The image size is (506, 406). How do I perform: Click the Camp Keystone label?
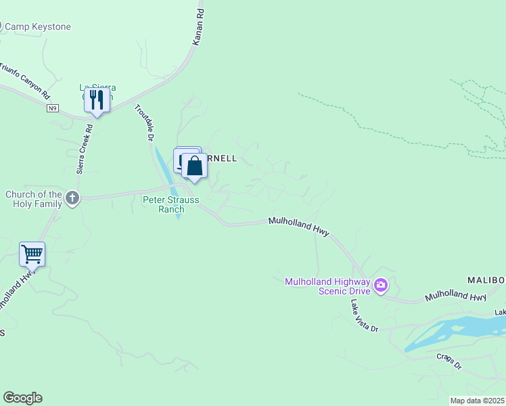coord(37,27)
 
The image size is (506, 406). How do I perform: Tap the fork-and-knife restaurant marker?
coord(97,100)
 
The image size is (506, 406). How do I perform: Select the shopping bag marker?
coord(195,166)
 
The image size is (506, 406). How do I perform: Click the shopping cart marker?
coord(32,254)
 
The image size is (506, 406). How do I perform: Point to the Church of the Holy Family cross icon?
coord(72,198)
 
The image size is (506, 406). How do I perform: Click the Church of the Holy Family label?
coord(33,200)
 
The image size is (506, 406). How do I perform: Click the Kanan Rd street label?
coord(198,28)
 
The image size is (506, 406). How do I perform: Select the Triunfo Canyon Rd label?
coord(25,80)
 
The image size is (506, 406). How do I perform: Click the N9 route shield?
coord(53,108)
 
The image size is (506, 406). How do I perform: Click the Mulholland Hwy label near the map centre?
coord(298,226)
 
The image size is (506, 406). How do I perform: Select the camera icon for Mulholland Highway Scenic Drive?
coord(381,286)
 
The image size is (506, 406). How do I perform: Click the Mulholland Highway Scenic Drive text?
coord(327,286)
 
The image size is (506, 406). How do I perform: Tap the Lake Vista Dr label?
coord(364,315)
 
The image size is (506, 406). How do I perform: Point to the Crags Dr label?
coord(448,361)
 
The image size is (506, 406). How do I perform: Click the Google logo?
coord(22,398)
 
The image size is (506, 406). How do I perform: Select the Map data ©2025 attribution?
coord(476,401)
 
